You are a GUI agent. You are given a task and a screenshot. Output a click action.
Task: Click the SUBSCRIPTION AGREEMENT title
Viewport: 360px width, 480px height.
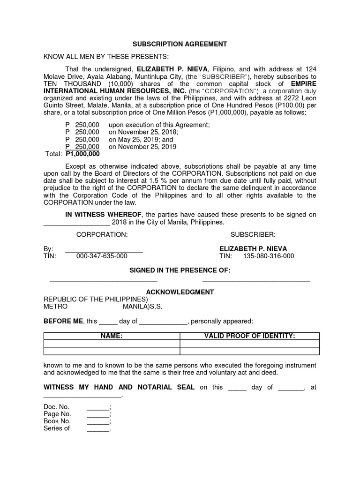[180, 44]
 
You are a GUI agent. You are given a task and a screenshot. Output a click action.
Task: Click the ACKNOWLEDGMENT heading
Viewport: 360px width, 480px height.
[180, 292]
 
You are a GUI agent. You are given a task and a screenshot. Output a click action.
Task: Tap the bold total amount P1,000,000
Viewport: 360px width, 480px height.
[82, 154]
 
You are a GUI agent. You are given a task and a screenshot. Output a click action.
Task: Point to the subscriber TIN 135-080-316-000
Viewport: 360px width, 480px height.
[269, 256]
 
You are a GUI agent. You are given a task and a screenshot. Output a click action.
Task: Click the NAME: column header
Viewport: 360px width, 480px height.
[112, 336]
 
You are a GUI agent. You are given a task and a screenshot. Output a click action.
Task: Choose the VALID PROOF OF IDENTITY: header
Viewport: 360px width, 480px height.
[249, 336]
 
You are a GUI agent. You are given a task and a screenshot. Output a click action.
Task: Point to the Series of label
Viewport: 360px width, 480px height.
[56, 428]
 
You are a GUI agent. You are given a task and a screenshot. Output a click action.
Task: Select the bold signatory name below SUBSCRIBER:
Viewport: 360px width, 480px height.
[253, 248]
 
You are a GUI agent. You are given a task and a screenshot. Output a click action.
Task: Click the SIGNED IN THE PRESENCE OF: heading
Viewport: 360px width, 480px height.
[180, 270]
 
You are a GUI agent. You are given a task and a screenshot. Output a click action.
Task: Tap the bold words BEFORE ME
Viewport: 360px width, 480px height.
[63, 321]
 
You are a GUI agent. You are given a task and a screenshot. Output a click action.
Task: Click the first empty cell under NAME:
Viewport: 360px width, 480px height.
[112, 344]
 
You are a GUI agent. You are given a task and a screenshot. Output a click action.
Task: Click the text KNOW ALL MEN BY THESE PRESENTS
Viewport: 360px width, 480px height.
[105, 57]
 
